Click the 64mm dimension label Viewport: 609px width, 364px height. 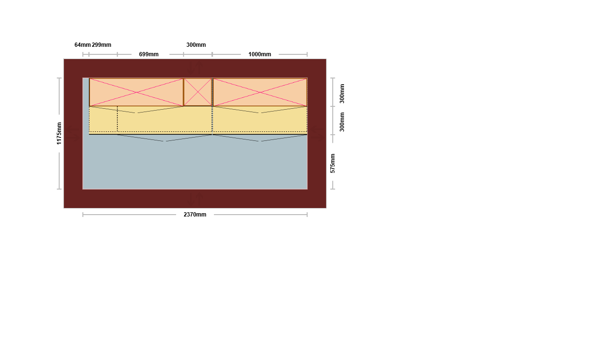pyautogui.click(x=82, y=45)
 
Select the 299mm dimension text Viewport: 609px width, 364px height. pyautogui.click(x=101, y=45)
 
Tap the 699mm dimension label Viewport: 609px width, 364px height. pyautogui.click(x=149, y=54)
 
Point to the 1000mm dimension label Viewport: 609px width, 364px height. pyautogui.click(x=260, y=54)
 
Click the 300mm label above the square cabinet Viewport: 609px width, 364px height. pyautogui.click(x=196, y=45)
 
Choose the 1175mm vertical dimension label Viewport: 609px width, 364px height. pyautogui.click(x=59, y=133)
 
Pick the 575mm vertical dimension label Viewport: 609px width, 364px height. pyautogui.click(x=333, y=163)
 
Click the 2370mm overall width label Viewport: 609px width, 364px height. pyautogui.click(x=195, y=215)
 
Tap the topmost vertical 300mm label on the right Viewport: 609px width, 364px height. pyautogui.click(x=342, y=94)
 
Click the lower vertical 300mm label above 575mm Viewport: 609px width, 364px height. pyautogui.click(x=342, y=122)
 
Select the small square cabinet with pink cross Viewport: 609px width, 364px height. pyautogui.click(x=198, y=92)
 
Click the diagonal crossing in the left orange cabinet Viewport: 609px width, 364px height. pyautogui.click(x=136, y=92)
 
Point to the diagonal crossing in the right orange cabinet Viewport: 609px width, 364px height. pyautogui.click(x=260, y=92)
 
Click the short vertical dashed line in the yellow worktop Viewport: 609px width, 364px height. pyautogui.click(x=117, y=119)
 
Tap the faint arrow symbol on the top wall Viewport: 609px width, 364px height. pyautogui.click(x=195, y=68)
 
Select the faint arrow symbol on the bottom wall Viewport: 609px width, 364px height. pyautogui.click(x=195, y=199)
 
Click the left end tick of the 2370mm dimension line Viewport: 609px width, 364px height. pyautogui.click(x=83, y=215)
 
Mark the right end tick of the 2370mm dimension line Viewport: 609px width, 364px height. pyautogui.click(x=307, y=215)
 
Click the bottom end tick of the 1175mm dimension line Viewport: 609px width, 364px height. pyautogui.click(x=59, y=189)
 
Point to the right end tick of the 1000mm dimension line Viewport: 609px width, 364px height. pyautogui.click(x=307, y=54)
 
